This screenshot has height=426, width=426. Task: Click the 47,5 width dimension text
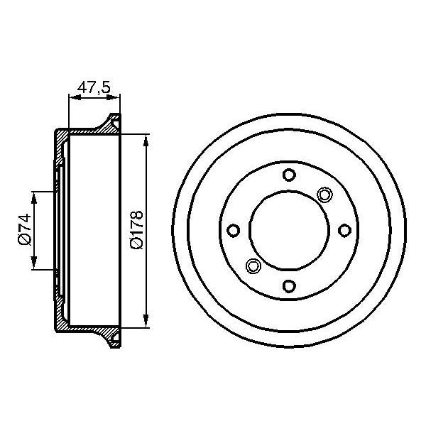click(x=94, y=88)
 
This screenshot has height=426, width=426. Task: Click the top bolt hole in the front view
click(x=288, y=175)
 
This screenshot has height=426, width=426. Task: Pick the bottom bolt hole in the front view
click(x=288, y=286)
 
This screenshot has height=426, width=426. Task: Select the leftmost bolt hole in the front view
click(x=233, y=230)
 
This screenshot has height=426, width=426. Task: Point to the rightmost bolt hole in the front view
click(x=344, y=230)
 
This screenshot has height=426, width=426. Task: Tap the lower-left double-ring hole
click(x=252, y=266)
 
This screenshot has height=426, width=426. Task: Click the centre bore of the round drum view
click(x=288, y=230)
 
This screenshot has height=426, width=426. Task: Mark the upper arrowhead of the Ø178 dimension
click(x=146, y=139)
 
